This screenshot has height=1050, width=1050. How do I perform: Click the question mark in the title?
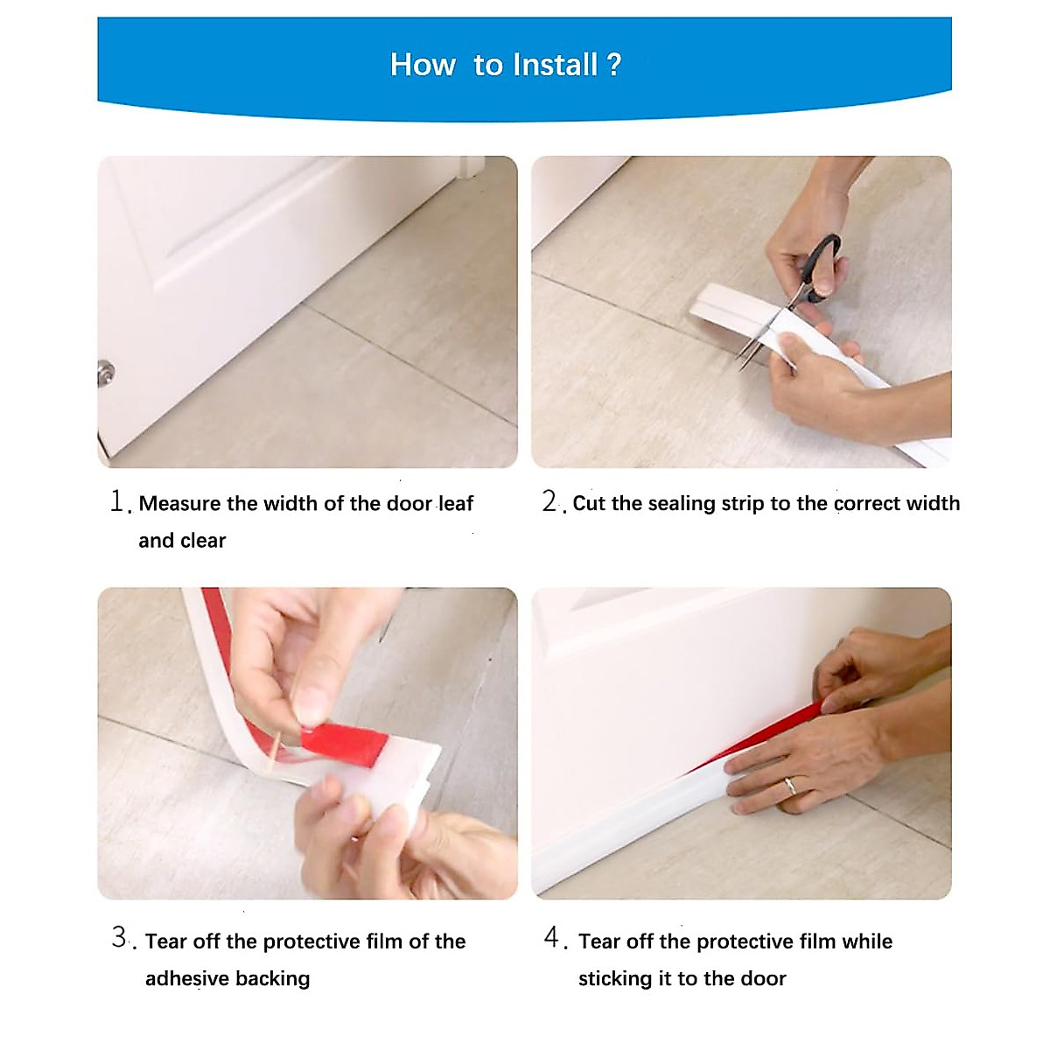point(613,65)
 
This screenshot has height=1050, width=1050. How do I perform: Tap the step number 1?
point(118,501)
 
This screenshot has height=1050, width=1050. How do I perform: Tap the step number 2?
point(549,501)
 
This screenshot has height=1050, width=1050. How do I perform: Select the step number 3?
point(120,938)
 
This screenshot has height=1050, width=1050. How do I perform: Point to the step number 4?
point(551,938)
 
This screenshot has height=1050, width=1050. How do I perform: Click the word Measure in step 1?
point(179,504)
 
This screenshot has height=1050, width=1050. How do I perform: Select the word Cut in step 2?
point(589,504)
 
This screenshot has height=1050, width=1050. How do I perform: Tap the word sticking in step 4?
point(608,978)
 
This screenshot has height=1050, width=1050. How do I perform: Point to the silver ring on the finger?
point(789,786)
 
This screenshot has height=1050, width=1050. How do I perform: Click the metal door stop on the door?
point(105,373)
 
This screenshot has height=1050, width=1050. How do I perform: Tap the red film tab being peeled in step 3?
point(346,742)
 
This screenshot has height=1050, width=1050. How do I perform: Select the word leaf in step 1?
point(456,504)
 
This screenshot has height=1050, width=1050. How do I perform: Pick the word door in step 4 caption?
point(762,978)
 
